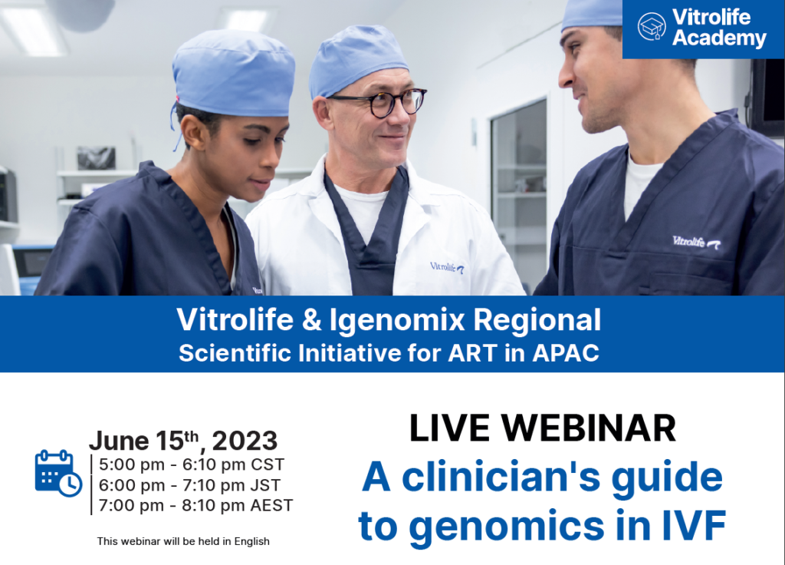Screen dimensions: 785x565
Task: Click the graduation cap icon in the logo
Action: click(652, 27)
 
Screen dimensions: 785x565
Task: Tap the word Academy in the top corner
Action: click(719, 38)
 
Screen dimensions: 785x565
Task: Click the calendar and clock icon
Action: click(58, 473)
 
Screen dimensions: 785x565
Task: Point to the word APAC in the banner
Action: click(566, 353)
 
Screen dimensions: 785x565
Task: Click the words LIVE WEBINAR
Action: click(542, 428)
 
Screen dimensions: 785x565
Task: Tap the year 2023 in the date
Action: click(245, 441)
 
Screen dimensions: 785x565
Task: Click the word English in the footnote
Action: click(251, 541)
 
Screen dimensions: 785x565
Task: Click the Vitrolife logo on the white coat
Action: click(447, 267)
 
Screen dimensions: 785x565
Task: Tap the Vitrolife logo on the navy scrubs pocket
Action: click(696, 242)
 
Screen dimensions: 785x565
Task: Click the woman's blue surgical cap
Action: click(233, 73)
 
